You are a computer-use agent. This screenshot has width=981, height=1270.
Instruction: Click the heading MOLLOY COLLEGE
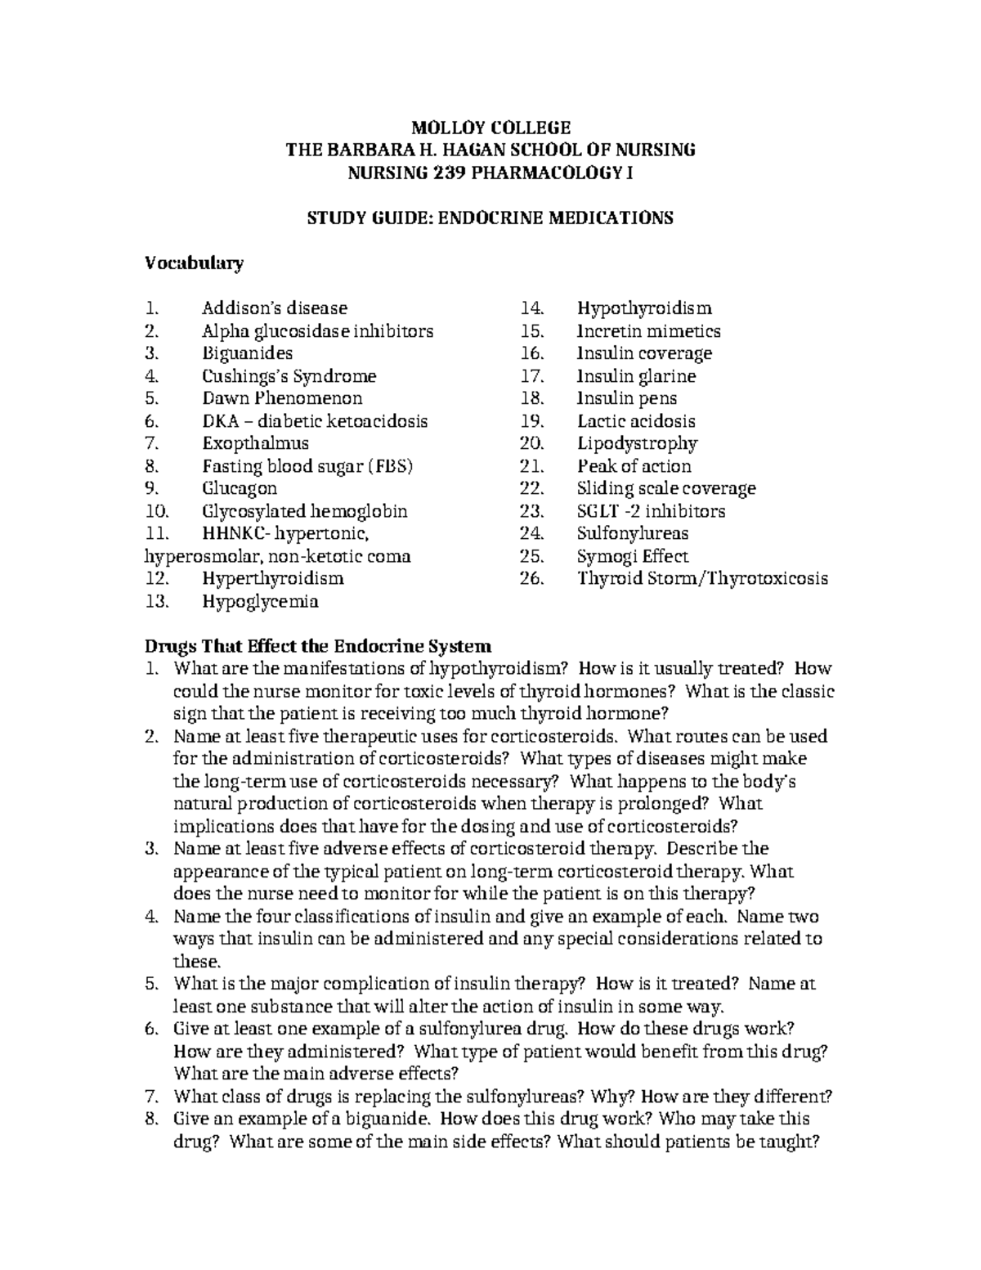tap(490, 128)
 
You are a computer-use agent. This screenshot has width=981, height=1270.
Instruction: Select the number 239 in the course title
tap(447, 173)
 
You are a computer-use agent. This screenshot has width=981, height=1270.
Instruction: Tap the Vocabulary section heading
tap(194, 263)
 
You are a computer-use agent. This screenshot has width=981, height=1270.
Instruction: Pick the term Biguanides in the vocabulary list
tap(247, 353)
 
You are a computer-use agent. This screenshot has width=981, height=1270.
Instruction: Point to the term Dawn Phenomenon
tap(282, 398)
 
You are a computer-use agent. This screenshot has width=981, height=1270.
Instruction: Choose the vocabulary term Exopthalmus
tap(255, 443)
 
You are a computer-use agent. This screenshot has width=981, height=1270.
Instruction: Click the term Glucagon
tap(240, 488)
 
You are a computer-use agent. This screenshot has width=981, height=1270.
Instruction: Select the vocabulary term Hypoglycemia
tap(260, 602)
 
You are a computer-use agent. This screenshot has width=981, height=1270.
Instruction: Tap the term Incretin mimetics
tap(648, 331)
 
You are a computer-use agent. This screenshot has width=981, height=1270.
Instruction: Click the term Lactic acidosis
tap(636, 421)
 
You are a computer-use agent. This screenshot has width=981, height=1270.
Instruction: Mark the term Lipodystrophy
tap(637, 443)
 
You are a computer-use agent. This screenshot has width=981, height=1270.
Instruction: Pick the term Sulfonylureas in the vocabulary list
tap(633, 533)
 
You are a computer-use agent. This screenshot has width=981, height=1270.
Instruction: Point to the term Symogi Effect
tap(633, 556)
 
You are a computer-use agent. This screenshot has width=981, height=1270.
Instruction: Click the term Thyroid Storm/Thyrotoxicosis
tap(702, 579)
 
